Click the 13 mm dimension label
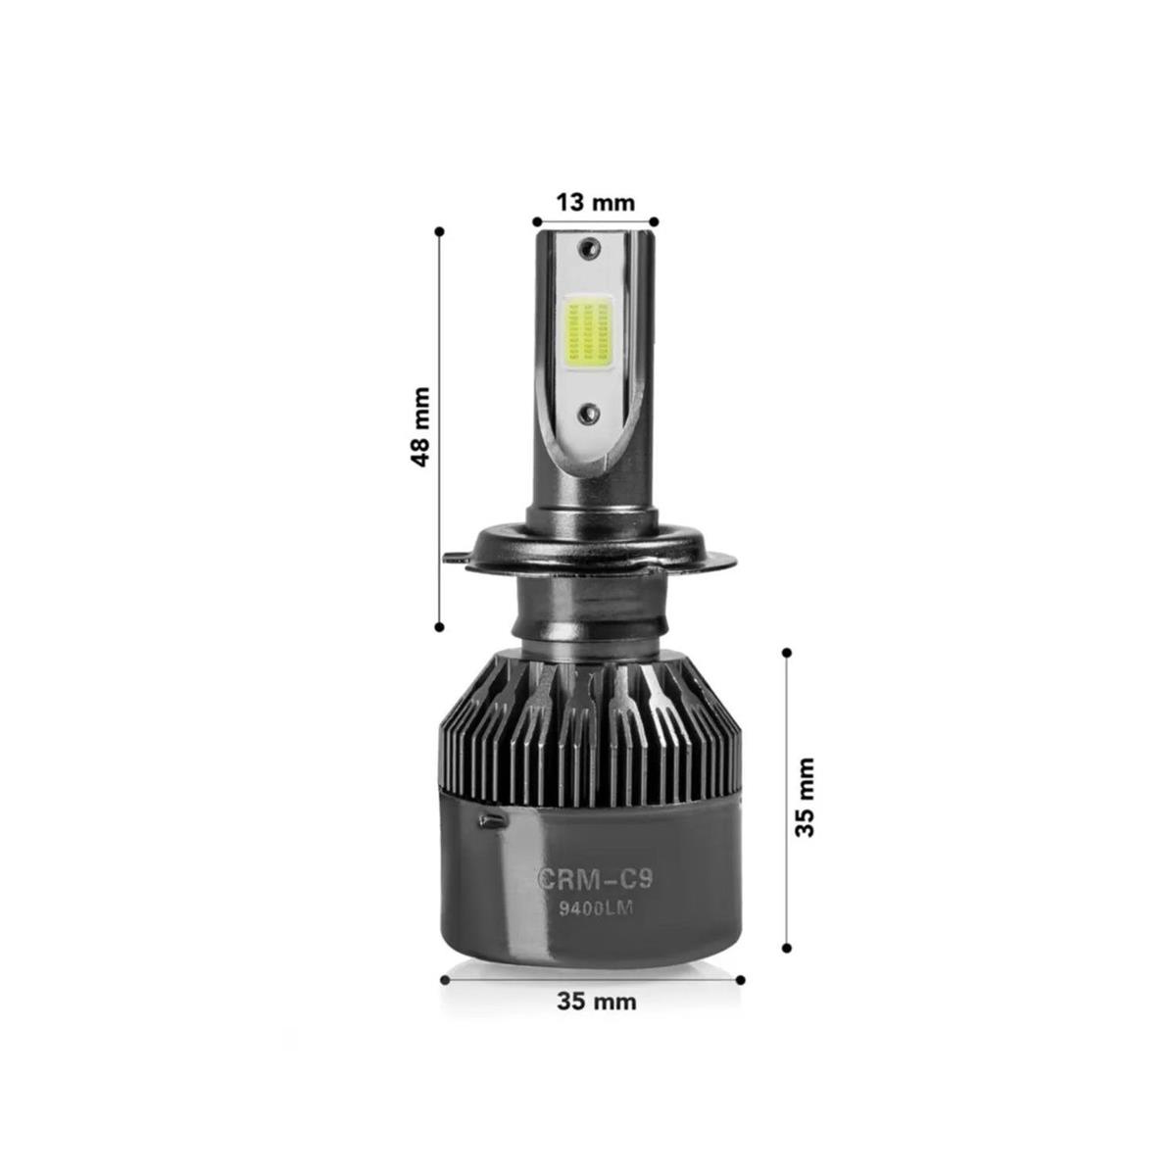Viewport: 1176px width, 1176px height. point(595,203)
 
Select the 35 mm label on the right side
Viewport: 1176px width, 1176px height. point(805,797)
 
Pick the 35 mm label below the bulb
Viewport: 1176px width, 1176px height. point(596,1002)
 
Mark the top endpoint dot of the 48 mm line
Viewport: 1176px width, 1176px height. point(439,231)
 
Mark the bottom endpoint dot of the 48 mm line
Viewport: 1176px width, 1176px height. point(439,625)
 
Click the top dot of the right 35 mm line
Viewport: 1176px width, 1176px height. point(786,651)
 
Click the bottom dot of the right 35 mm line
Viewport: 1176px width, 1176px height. point(786,948)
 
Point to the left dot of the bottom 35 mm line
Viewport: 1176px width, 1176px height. point(445,979)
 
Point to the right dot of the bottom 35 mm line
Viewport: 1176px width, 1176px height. point(741,979)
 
